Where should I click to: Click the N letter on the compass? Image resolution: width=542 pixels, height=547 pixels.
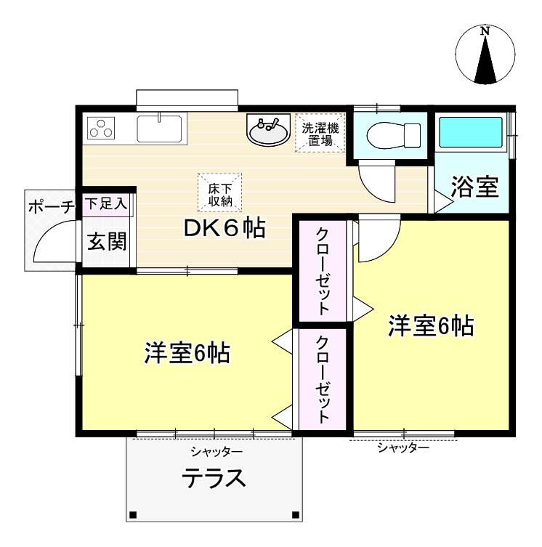(485, 31)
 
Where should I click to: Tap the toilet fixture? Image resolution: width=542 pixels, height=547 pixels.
(393, 135)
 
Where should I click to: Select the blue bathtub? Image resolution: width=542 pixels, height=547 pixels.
(471, 132)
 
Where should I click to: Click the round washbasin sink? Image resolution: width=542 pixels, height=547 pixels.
(268, 129)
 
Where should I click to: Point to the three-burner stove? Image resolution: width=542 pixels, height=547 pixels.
(101, 128)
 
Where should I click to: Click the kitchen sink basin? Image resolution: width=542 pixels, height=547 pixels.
(159, 129)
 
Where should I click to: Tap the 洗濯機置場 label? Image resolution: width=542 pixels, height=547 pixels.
(320, 134)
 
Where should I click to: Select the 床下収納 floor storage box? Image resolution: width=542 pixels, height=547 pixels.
(220, 193)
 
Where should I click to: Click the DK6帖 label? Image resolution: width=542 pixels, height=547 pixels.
(225, 228)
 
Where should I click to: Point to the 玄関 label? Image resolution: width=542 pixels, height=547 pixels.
(107, 241)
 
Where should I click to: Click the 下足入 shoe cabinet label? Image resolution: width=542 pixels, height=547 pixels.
(107, 203)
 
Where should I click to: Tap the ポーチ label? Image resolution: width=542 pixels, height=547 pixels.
(52, 207)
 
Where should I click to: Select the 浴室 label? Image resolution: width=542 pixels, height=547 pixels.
(474, 186)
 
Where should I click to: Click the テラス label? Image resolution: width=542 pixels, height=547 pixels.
(214, 478)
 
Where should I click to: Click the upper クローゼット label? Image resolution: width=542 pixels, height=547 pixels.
(322, 271)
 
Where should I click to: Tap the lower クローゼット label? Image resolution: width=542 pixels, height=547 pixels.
(322, 379)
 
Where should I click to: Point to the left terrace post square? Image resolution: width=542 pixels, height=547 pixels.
(132, 514)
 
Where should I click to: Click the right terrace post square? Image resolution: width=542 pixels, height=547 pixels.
(296, 514)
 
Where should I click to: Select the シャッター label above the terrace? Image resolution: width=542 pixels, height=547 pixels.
(217, 452)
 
